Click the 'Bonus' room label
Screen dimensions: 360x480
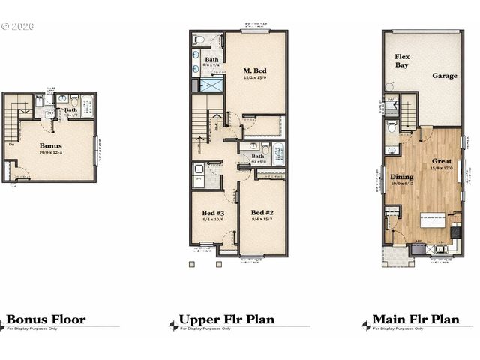click(51, 145)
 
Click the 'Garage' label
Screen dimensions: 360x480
click(444, 76)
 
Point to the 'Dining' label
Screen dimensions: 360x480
click(402, 177)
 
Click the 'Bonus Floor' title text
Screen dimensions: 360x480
click(46, 319)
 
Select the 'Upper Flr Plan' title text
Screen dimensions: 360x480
click(226, 319)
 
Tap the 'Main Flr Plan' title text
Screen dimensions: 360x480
click(415, 319)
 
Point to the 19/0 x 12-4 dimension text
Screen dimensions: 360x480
click(51, 153)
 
